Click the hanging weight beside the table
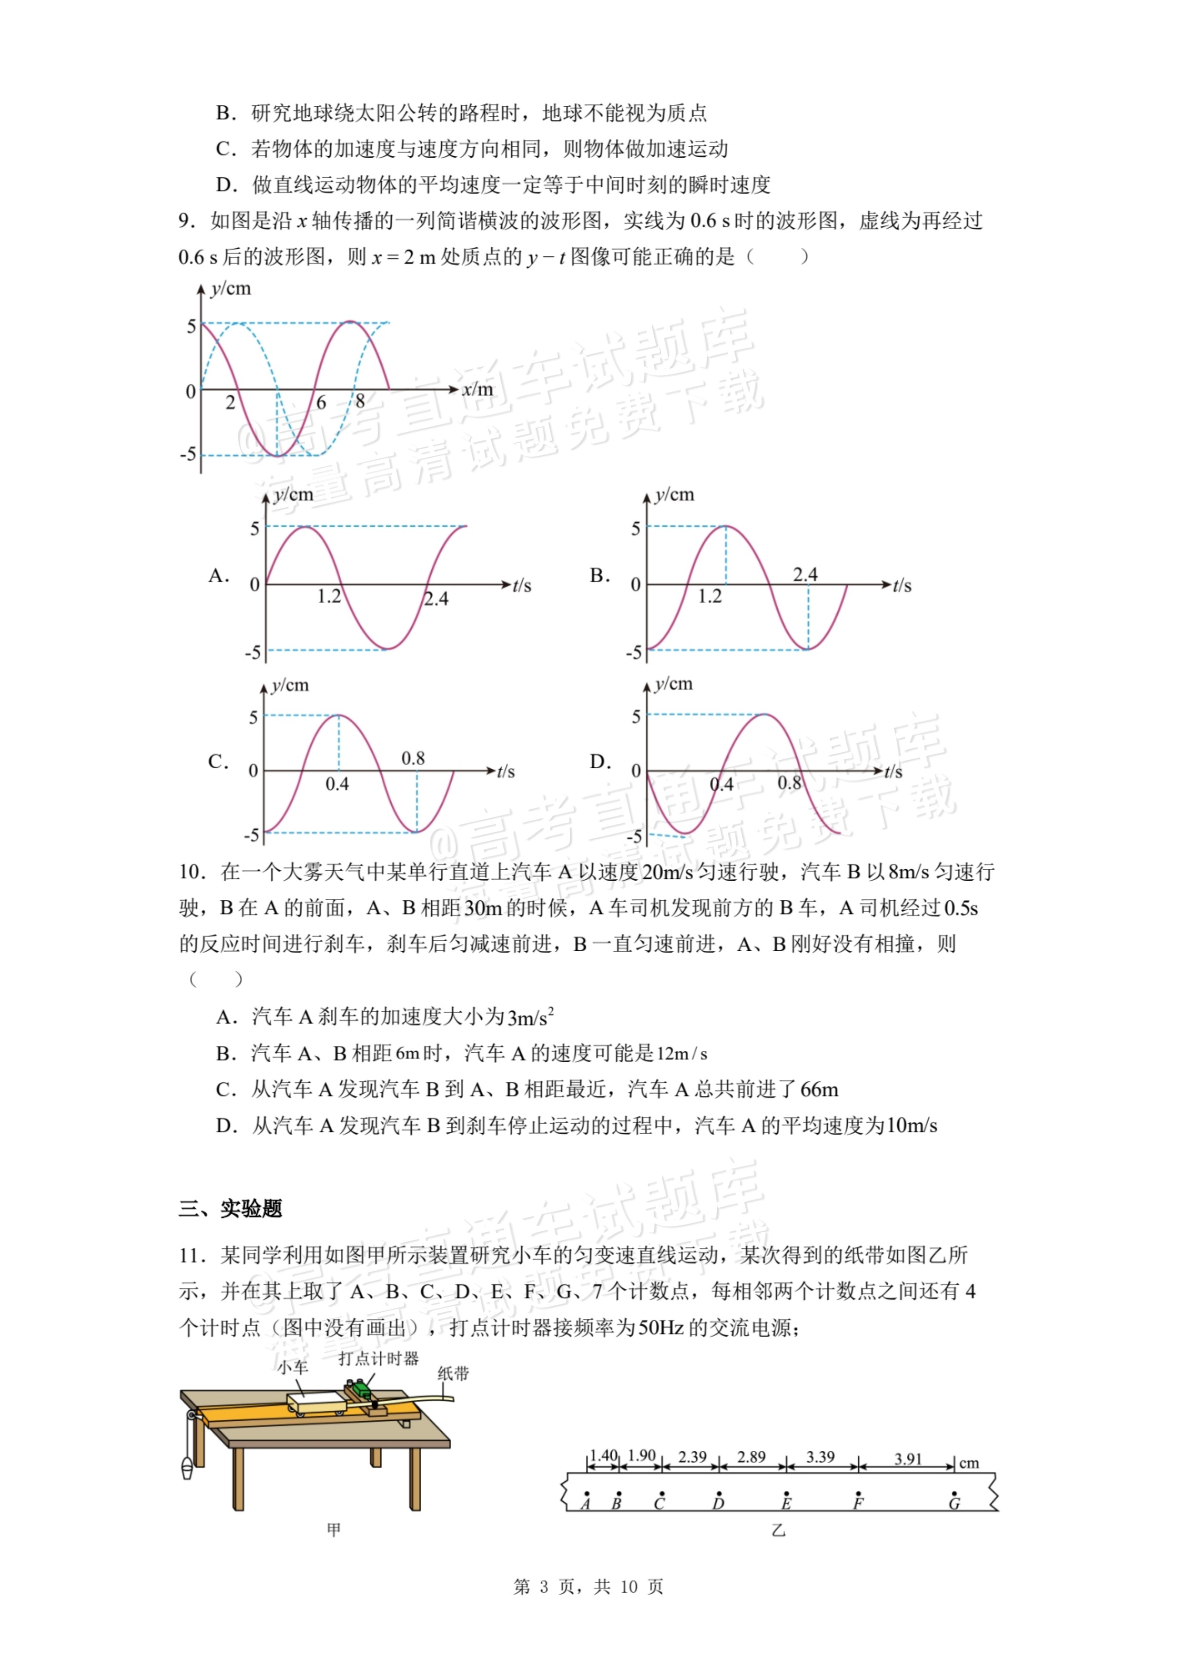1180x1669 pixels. (x=187, y=1468)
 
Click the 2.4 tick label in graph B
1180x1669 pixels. (x=805, y=574)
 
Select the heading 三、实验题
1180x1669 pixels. (x=230, y=1208)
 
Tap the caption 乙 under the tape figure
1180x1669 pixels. (x=778, y=1530)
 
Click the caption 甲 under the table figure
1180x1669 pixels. (x=334, y=1529)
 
